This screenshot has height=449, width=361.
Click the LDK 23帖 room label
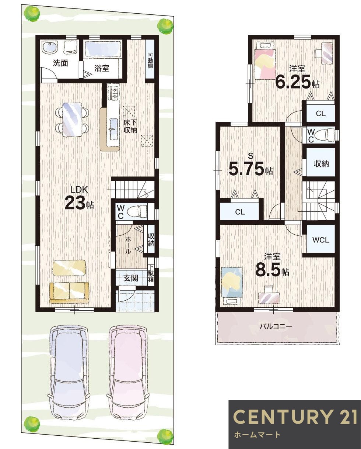click(79, 198)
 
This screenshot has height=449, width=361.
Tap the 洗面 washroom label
click(60, 63)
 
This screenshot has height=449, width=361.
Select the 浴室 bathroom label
click(102, 68)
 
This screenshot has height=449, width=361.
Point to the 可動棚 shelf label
click(150, 59)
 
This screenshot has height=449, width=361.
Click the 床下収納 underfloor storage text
click(130, 126)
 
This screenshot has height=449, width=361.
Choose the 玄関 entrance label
click(130, 278)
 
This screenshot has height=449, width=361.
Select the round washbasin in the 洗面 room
click(49, 48)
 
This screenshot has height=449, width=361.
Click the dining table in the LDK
click(72, 119)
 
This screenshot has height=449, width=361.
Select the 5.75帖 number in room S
click(246, 169)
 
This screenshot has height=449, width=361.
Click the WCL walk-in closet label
click(320, 240)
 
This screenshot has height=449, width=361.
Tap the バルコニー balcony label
click(276, 326)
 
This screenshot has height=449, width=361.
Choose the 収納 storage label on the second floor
click(321, 164)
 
